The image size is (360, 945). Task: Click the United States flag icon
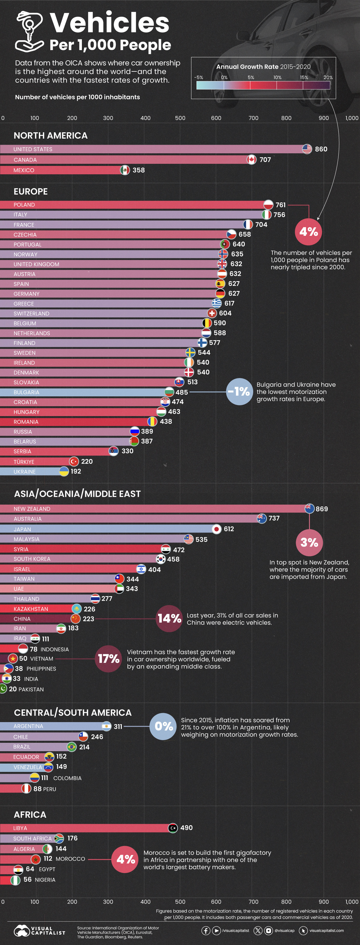307,149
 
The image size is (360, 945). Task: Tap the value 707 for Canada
265,160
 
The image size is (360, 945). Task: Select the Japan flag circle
217,529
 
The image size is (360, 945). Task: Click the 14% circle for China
169,619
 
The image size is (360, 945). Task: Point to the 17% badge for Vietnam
109,658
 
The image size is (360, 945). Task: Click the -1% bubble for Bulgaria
239,391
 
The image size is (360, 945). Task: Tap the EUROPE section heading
31,191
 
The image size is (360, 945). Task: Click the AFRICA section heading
30,814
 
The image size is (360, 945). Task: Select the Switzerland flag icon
212,313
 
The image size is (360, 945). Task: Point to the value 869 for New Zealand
322,509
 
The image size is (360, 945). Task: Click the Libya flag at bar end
173,828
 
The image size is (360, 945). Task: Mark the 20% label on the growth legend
328,77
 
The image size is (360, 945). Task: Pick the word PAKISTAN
31,689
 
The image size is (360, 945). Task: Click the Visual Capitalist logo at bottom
39,930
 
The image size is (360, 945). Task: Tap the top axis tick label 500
180,118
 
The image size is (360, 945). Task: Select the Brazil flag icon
72,747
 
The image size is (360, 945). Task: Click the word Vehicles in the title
109,23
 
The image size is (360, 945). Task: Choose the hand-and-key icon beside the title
29,31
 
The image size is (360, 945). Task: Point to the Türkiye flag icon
74,461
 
